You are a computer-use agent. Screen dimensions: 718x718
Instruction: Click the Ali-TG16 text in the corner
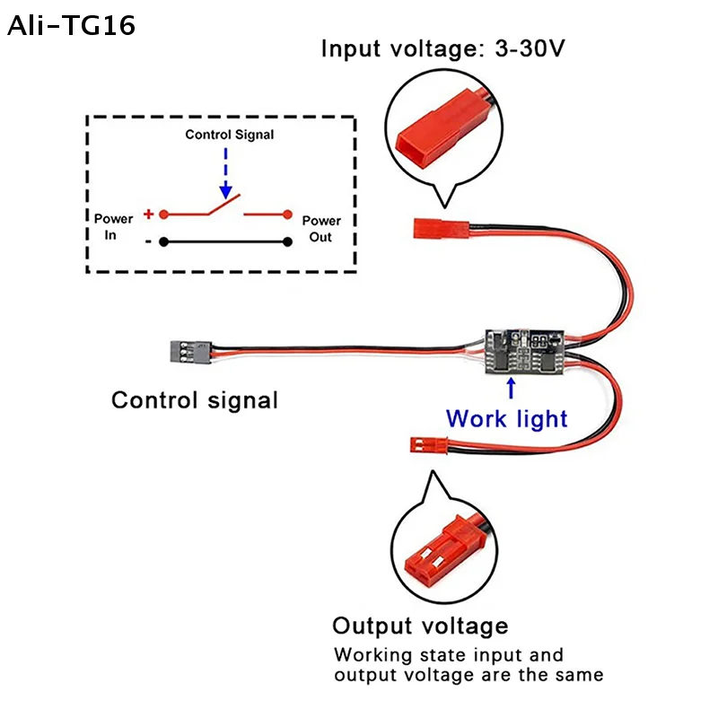[72, 26]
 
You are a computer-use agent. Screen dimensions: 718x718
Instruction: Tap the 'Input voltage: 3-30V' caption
[443, 48]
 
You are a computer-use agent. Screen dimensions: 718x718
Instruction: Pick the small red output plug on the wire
[421, 444]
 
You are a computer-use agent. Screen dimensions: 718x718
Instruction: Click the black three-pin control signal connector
[188, 350]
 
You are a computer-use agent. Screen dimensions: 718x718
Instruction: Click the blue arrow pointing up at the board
[511, 388]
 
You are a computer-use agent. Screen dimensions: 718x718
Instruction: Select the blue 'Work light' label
[507, 418]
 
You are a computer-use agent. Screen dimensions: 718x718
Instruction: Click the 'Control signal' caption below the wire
[195, 399]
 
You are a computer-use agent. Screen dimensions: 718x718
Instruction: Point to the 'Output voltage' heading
[420, 626]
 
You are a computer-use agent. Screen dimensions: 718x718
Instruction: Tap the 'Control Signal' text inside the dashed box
[230, 135]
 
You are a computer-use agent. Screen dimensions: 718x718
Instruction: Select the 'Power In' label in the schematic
[113, 228]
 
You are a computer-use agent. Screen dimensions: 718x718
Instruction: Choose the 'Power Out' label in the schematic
[321, 228]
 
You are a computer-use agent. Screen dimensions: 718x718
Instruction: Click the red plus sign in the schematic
[148, 215]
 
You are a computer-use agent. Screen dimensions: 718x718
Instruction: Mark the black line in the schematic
[225, 241]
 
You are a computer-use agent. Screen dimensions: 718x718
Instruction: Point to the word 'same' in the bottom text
[579, 674]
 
